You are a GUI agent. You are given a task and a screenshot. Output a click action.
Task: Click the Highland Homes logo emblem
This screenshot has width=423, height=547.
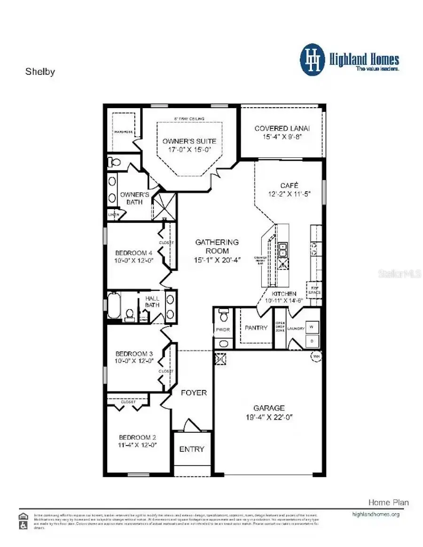(x=313, y=60)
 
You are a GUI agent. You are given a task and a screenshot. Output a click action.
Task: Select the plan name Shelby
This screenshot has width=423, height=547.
(x=40, y=72)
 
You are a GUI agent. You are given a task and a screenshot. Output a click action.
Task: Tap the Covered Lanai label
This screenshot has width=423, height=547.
(x=282, y=128)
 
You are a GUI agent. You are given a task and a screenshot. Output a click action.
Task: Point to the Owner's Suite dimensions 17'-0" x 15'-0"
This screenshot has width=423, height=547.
(x=189, y=150)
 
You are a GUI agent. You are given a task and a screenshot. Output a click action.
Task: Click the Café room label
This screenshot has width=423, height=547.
(x=289, y=185)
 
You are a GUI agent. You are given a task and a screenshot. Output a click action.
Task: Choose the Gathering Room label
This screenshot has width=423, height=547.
(x=217, y=242)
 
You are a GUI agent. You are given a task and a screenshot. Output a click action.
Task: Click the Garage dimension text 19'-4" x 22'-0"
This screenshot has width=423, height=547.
(x=269, y=417)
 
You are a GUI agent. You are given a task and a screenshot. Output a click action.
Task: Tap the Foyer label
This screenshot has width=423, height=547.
(x=194, y=392)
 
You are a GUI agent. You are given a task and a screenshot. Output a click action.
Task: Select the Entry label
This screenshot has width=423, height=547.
(x=192, y=449)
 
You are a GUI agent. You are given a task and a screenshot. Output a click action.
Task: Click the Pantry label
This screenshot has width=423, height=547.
(x=256, y=328)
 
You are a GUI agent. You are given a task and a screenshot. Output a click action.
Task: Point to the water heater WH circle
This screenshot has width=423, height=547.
(x=315, y=357)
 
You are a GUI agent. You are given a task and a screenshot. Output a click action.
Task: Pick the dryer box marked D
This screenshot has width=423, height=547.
(x=312, y=340)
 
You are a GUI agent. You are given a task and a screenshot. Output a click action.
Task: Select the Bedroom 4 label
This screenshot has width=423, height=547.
(x=127, y=253)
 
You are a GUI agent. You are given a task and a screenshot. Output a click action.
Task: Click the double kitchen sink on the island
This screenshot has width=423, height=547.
(x=283, y=250)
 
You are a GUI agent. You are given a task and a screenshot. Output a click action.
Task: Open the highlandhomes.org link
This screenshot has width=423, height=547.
(x=376, y=514)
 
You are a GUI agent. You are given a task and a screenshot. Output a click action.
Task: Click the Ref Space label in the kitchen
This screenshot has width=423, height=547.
(x=314, y=290)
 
